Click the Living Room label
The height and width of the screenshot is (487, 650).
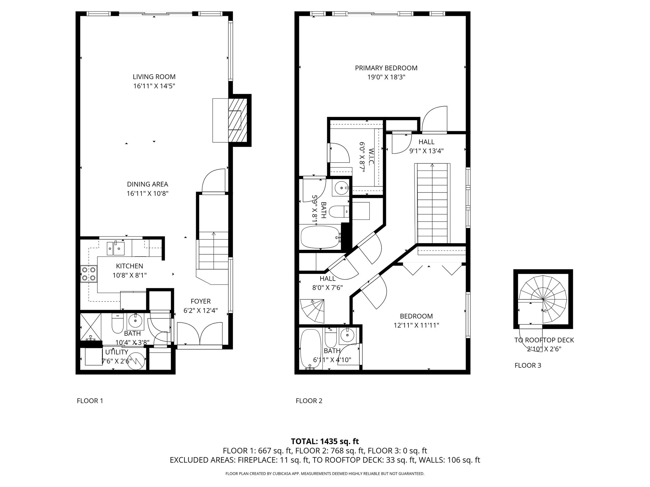tap(154, 77)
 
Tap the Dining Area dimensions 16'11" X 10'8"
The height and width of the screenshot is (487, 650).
tap(147, 193)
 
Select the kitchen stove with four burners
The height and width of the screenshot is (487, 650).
tap(89, 274)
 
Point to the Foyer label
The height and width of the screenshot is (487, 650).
tap(201, 301)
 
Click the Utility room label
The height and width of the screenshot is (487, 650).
tap(116, 352)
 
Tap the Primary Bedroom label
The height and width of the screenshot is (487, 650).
tap(386, 68)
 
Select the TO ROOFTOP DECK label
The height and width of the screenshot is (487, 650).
tap(544, 340)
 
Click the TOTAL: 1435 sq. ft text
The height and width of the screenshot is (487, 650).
tap(325, 441)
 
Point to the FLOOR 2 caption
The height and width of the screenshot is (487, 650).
tap(309, 401)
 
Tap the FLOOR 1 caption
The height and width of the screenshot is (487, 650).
tap(90, 401)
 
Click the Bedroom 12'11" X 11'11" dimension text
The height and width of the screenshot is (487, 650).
tap(416, 325)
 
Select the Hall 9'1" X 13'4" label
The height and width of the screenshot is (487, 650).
tap(426, 146)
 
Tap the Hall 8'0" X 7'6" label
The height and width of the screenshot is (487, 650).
tap(328, 283)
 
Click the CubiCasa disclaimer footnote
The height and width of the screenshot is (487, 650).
tap(325, 474)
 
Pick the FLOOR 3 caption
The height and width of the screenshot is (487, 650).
tap(528, 365)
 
